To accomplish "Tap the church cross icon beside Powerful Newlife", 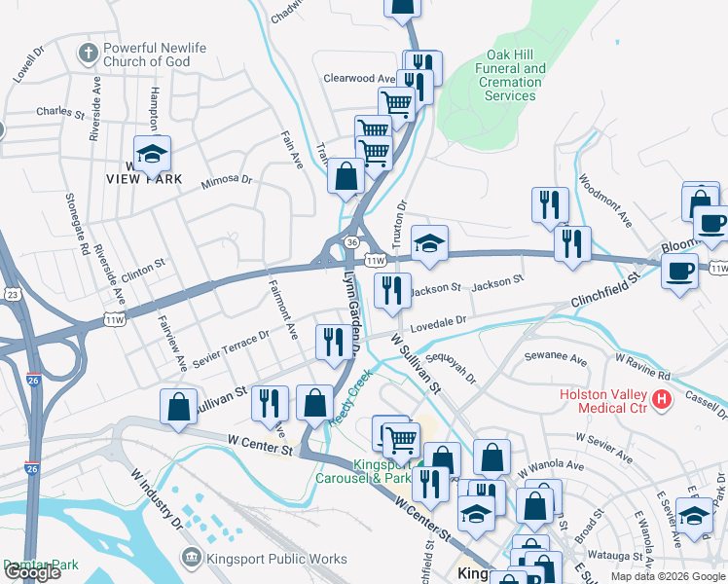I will pyautogui.click(x=88, y=51).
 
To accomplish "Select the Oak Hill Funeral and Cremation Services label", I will pyautogui.click(x=509, y=75).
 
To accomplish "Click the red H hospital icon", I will pyautogui.click(x=662, y=399).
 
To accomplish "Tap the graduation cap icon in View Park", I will pyautogui.click(x=152, y=154).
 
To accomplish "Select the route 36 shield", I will pyautogui.click(x=352, y=241).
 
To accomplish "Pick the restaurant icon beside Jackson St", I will pyautogui.click(x=392, y=290).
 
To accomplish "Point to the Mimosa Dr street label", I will pyautogui.click(x=226, y=181).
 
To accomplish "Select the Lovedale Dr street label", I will pyautogui.click(x=438, y=322).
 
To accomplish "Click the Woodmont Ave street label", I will pyautogui.click(x=604, y=201).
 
